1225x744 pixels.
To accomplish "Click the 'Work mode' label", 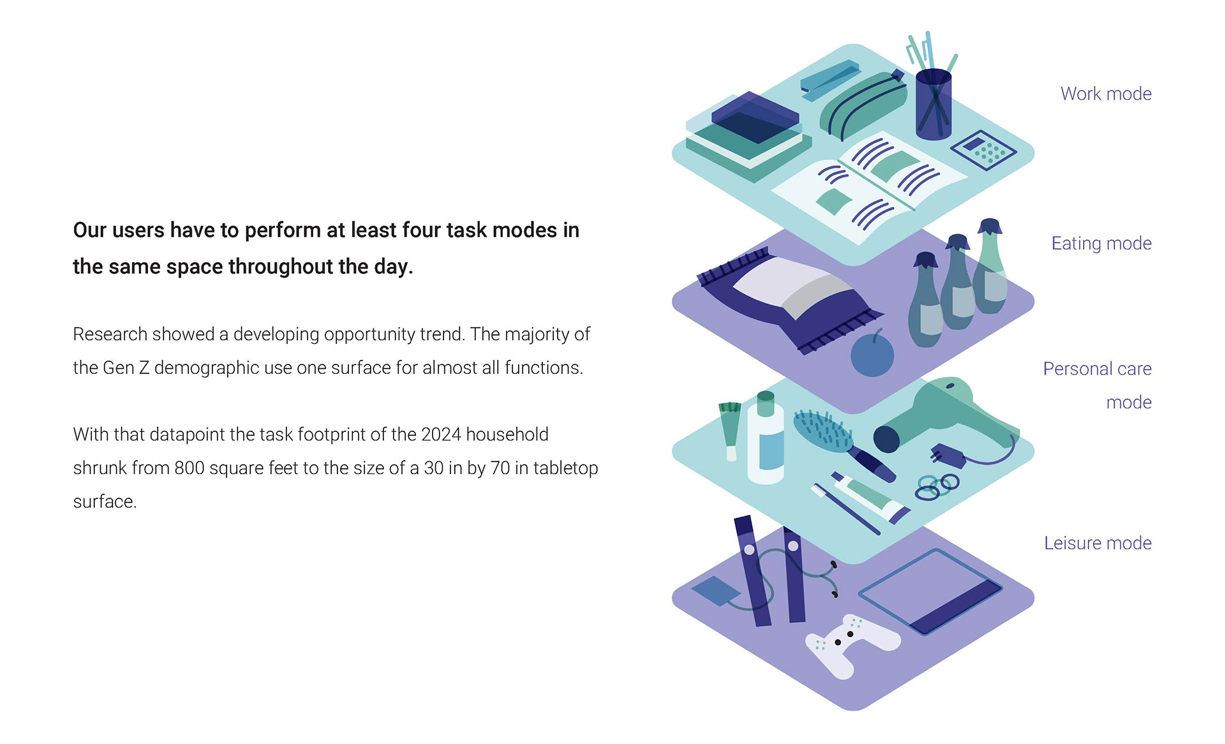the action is click(1106, 94).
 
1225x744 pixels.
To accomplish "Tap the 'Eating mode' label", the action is click(1101, 243).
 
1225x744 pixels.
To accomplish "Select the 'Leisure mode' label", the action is click(1097, 543).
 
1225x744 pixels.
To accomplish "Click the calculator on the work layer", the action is click(983, 150).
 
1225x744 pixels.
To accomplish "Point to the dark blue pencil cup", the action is click(933, 105).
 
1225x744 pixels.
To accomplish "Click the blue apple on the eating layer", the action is click(872, 355).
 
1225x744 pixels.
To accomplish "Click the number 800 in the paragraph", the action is click(189, 468).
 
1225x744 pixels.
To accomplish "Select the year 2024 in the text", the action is click(441, 435).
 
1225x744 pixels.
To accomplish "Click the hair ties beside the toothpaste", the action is click(937, 486).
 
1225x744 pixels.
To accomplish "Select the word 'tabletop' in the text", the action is click(565, 468).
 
